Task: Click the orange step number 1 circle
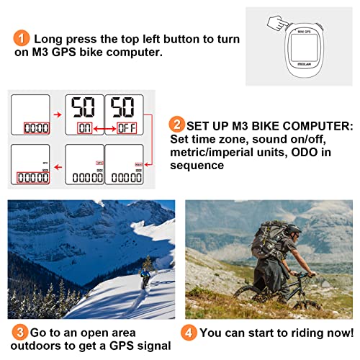[22, 38]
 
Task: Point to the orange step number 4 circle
[189, 333]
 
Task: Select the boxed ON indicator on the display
[84, 129]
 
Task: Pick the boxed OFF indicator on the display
[125, 129]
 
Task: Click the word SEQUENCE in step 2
[197, 165]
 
